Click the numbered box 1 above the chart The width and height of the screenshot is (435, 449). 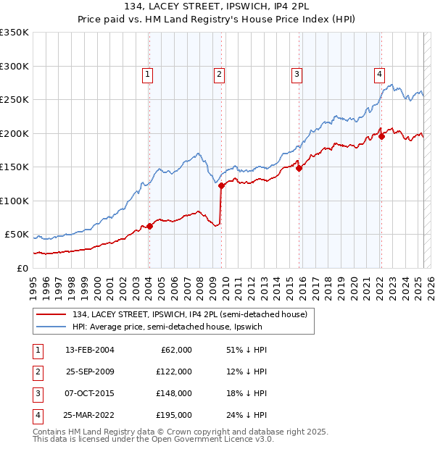[147, 73]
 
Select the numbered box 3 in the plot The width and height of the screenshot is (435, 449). [297, 73]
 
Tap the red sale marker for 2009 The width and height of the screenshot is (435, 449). [221, 186]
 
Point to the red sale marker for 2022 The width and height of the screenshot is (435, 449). [381, 137]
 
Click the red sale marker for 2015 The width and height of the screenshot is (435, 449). [299, 169]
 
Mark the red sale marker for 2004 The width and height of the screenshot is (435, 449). [149, 227]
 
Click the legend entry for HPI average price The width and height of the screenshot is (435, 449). [167, 327]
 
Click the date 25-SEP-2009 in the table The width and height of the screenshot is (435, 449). [91, 372]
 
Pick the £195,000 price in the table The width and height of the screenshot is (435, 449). [174, 415]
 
